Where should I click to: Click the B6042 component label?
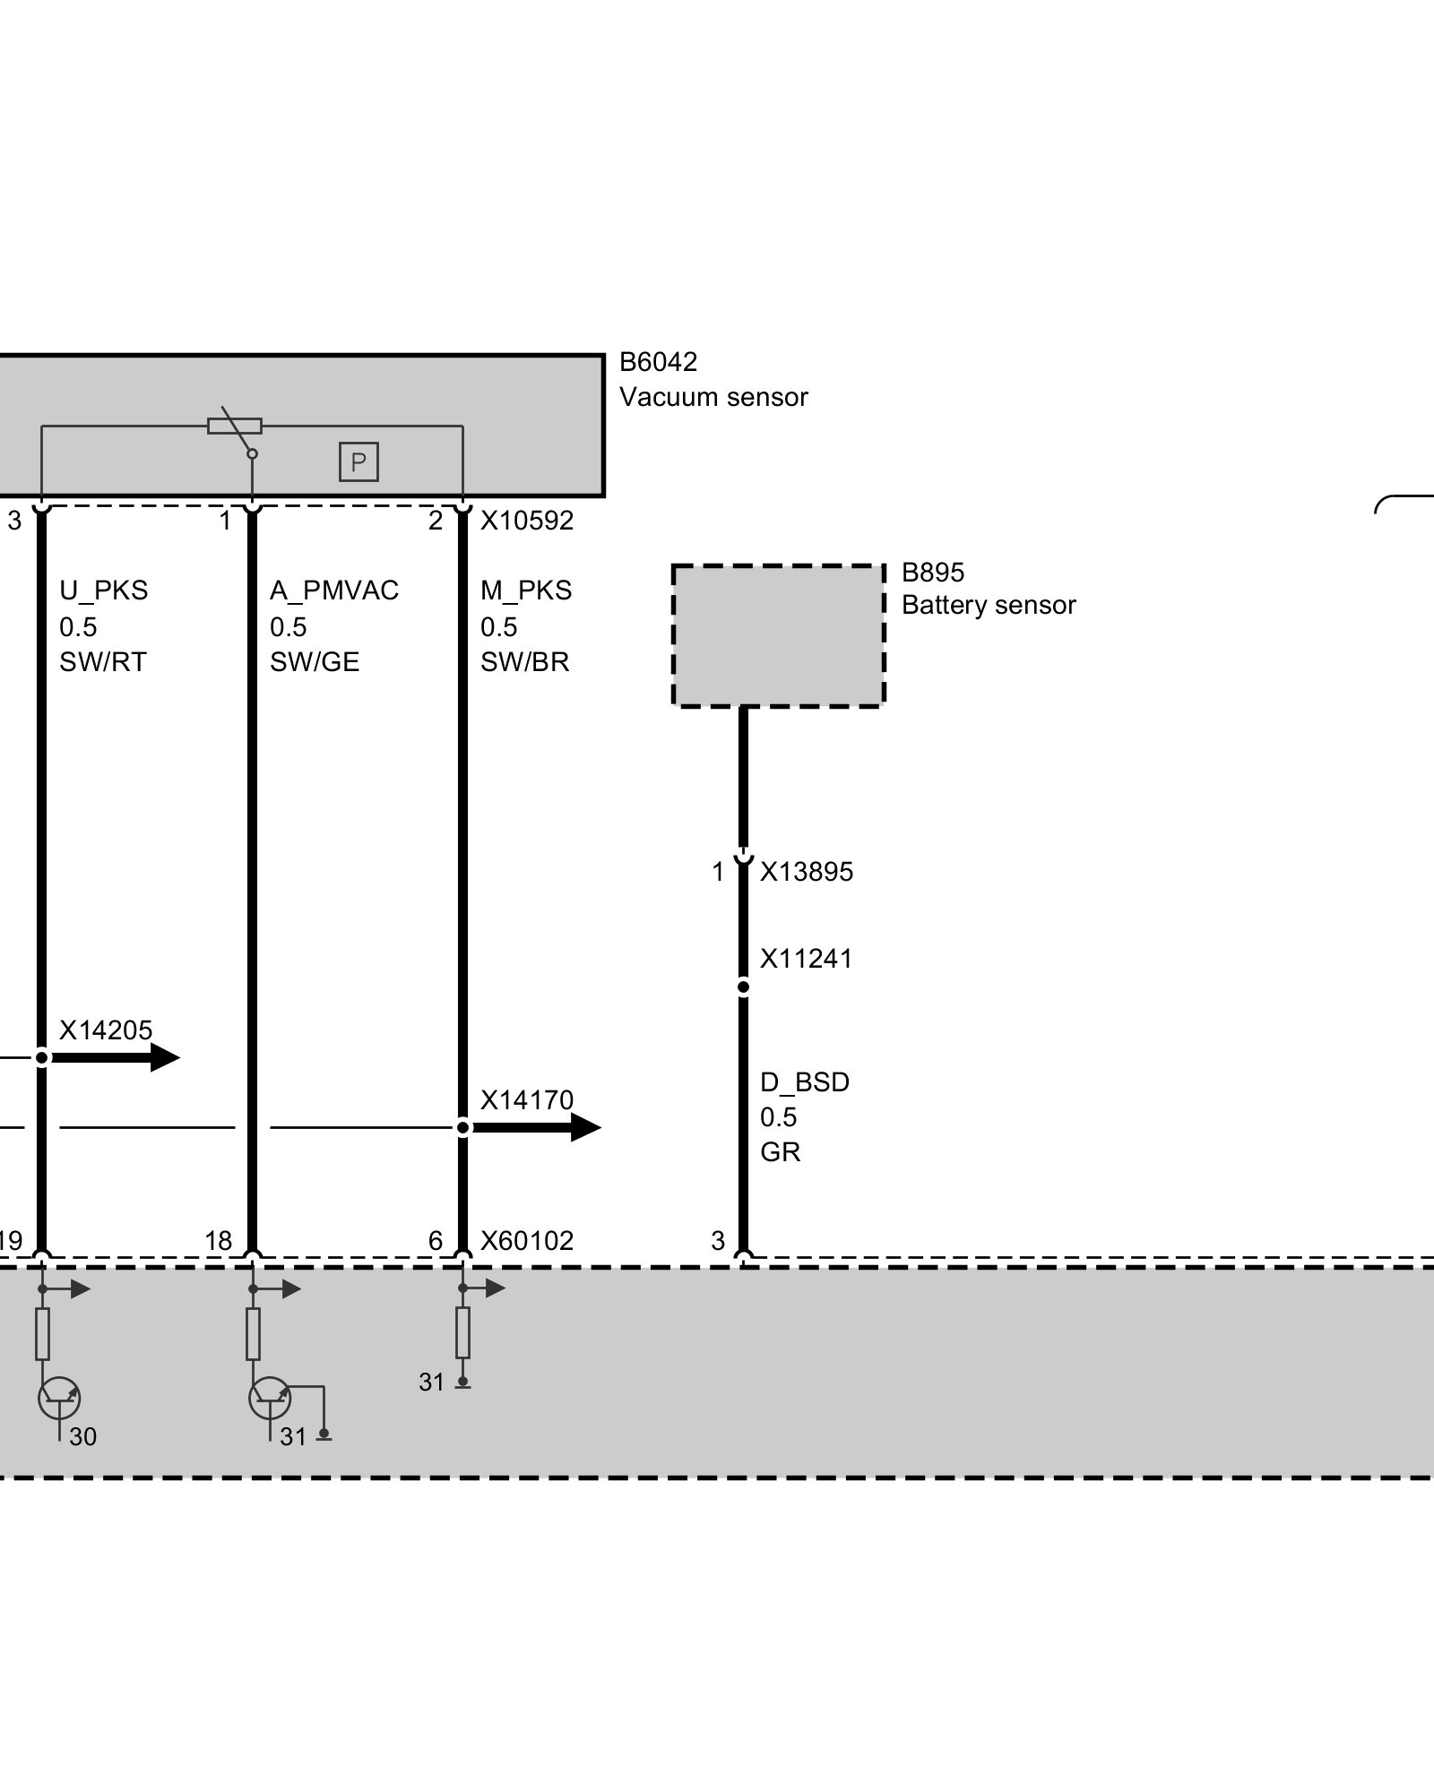coord(658,362)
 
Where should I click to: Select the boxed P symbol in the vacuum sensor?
coord(358,462)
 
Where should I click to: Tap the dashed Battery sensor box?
coord(778,636)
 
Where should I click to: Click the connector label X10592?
coord(526,521)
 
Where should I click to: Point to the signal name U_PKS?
coord(103,590)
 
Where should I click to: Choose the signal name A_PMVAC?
coord(333,590)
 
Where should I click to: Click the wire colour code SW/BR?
coord(524,662)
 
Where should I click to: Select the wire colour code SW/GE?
coord(314,662)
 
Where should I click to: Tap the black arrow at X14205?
coord(117,1057)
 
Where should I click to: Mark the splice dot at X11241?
coord(743,987)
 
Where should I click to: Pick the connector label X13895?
coord(807,872)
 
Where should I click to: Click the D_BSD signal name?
coord(804,1082)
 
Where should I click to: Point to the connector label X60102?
coord(526,1241)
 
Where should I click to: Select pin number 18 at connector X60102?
coord(218,1241)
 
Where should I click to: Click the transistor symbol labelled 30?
coord(59,1399)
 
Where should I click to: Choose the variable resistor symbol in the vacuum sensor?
coord(235,426)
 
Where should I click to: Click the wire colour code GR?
coord(780,1152)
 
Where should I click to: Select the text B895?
coord(932,573)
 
